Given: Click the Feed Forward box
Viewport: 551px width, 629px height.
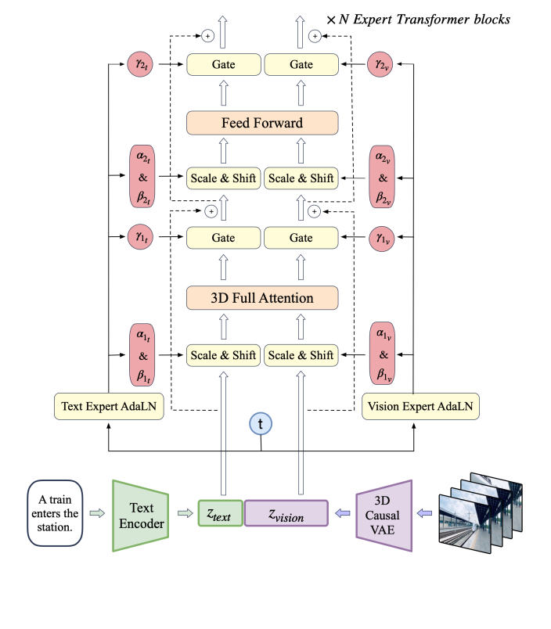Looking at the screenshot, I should [x=261, y=123].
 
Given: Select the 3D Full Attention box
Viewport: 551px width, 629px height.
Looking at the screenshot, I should [x=261, y=298].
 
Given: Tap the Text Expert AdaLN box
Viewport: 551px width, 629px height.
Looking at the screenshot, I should [x=109, y=407].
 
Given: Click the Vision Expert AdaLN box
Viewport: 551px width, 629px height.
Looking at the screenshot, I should [x=420, y=407].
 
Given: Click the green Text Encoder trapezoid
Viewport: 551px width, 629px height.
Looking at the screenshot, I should [x=141, y=515].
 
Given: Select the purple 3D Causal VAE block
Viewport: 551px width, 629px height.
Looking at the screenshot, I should [x=383, y=515].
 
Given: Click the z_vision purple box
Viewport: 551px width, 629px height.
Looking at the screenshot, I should [x=286, y=514].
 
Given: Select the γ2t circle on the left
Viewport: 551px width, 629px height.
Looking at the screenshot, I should [x=142, y=63].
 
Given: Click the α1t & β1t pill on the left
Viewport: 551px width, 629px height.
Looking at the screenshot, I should [x=142, y=354].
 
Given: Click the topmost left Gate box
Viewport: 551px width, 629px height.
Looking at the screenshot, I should [x=223, y=64].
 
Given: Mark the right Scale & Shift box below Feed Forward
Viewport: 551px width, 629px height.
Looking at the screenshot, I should [x=301, y=178].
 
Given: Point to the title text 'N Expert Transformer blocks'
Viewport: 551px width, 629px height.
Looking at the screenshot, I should [x=423, y=19].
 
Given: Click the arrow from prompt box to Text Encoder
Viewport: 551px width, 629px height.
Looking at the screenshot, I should [x=96, y=513].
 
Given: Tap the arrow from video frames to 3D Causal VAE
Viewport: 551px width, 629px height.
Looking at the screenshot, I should [x=424, y=513].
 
